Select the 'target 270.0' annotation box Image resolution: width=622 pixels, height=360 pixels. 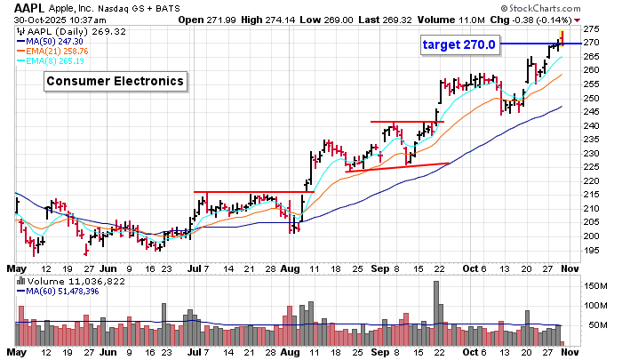459,43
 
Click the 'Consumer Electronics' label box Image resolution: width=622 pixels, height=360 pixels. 116,82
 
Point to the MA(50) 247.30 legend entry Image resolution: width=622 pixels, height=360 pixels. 62,41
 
